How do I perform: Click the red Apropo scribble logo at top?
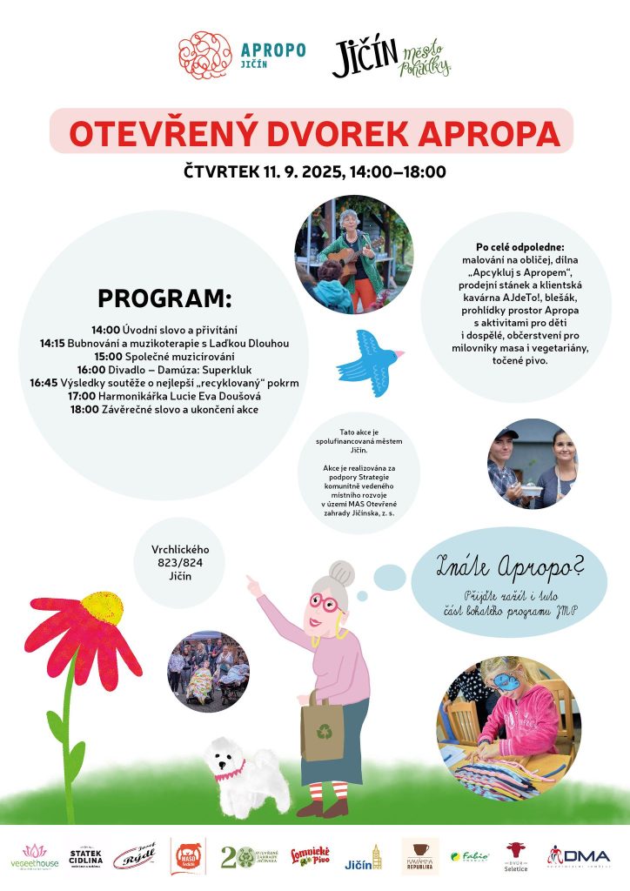point(205,56)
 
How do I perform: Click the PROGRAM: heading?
point(165,298)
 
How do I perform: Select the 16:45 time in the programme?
point(44,382)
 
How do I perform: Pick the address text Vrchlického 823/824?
point(180,556)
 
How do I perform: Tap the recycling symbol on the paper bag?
point(324,733)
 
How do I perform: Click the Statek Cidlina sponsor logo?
point(86,856)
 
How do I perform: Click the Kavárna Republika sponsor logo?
point(420,856)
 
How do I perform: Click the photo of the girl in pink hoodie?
point(507,716)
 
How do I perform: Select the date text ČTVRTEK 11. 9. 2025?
point(264,171)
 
